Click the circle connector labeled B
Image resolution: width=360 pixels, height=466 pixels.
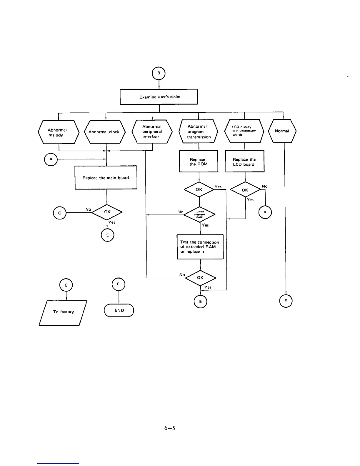pyautogui.click(x=159, y=73)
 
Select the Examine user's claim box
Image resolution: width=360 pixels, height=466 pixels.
pyautogui.click(x=159, y=97)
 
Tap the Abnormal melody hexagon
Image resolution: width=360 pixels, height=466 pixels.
pyautogui.click(x=58, y=132)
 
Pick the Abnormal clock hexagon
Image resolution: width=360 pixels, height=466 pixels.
pyautogui.click(x=104, y=132)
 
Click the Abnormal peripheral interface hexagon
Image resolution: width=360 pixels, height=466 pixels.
pyautogui.click(x=152, y=132)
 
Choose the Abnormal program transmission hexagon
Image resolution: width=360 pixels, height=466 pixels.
pyautogui.click(x=199, y=132)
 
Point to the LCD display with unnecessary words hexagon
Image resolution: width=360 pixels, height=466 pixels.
pyautogui.click(x=244, y=131)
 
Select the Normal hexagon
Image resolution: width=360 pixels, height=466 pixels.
pyautogui.click(x=282, y=131)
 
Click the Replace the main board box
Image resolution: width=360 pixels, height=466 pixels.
pyautogui.click(x=106, y=178)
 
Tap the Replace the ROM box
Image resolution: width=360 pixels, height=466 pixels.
pyautogui.click(x=199, y=162)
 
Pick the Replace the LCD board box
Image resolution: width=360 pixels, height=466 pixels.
pyautogui.click(x=244, y=162)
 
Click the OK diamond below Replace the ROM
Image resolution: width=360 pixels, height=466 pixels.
pyautogui.click(x=199, y=190)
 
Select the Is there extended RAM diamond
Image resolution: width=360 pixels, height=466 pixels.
pyautogui.click(x=199, y=214)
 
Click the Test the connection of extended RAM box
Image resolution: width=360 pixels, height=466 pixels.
pyautogui.click(x=200, y=247)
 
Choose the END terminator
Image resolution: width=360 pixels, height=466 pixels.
pyautogui.click(x=119, y=310)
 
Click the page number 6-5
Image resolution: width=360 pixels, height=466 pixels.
pyautogui.click(x=170, y=428)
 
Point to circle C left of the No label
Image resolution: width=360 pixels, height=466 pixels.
pyautogui.click(x=60, y=213)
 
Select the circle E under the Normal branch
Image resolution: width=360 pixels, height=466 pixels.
pyautogui.click(x=286, y=301)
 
